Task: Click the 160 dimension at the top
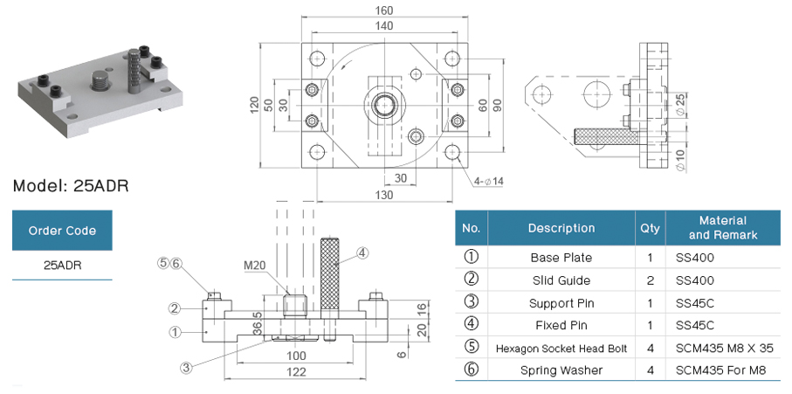click(x=383, y=10)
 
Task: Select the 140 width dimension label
click(x=383, y=27)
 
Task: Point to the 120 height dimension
click(x=254, y=105)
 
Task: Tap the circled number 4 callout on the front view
click(x=362, y=253)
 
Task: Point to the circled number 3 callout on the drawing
click(x=186, y=368)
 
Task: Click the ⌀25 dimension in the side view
click(x=680, y=104)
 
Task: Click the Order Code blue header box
click(x=62, y=231)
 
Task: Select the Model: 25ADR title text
click(x=72, y=186)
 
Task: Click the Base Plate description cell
click(x=561, y=258)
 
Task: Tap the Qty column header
click(x=650, y=228)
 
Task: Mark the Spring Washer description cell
click(x=561, y=370)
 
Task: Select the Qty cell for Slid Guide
click(x=650, y=280)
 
